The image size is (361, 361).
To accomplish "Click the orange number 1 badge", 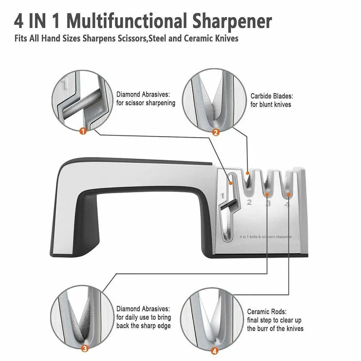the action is pyautogui.click(x=83, y=131).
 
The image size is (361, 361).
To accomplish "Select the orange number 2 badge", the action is pyautogui.click(x=216, y=132).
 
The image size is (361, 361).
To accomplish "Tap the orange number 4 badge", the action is pyautogui.click(x=215, y=350).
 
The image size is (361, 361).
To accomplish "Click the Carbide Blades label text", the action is pyautogui.click(x=272, y=96).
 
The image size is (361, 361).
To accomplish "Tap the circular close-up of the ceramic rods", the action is pyautogui.click(x=212, y=319).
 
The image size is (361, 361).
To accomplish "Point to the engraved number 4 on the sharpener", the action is pyautogui.click(x=287, y=205).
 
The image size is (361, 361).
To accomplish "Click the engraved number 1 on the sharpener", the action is pyautogui.click(x=222, y=196).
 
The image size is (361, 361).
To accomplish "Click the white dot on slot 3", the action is pyautogui.click(x=267, y=194).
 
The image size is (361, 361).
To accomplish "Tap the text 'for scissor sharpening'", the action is pyautogui.click(x=146, y=103).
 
